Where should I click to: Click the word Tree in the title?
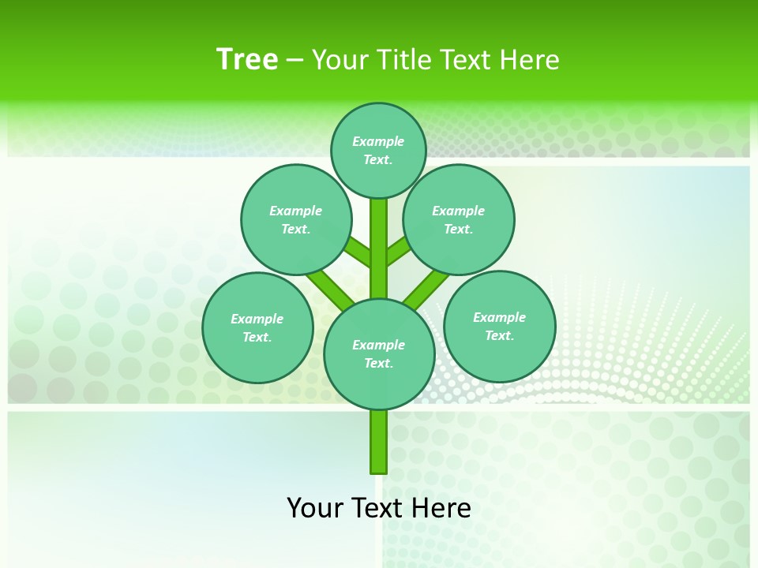pyautogui.click(x=247, y=59)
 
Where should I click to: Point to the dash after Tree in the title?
pyautogui.click(x=295, y=61)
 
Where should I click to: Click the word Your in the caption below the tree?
pyautogui.click(x=316, y=507)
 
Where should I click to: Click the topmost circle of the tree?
pyautogui.click(x=378, y=150)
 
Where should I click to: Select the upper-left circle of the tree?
pyautogui.click(x=296, y=219)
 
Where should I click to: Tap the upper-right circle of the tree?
pyautogui.click(x=459, y=219)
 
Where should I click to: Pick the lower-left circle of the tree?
pyautogui.click(x=257, y=327)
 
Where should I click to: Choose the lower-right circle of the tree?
pyautogui.click(x=499, y=326)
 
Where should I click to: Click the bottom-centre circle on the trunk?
pyautogui.click(x=379, y=353)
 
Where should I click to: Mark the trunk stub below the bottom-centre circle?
pyautogui.click(x=379, y=442)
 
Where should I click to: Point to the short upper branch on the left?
pyautogui.click(x=358, y=252)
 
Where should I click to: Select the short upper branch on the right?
pyautogui.click(x=398, y=252)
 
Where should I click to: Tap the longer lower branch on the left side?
pyautogui.click(x=330, y=288)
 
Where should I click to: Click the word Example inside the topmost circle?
pyautogui.click(x=378, y=141)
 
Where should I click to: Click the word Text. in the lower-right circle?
pyautogui.click(x=499, y=335)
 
